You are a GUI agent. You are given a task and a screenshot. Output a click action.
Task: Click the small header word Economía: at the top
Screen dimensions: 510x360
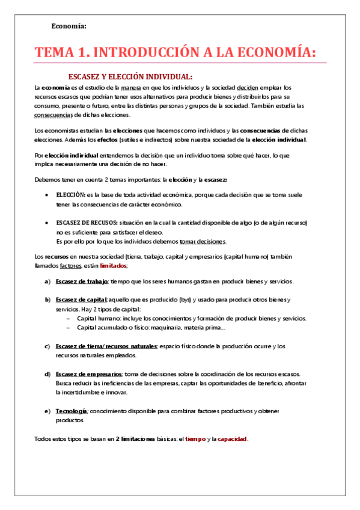[x=69, y=26]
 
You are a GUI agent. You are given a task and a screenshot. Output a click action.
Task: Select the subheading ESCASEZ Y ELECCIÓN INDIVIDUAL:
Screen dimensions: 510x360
[x=130, y=76]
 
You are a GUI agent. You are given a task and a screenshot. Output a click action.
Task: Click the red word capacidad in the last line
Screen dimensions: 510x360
[x=232, y=439]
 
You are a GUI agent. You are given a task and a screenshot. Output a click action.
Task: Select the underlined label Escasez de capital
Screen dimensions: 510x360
[x=81, y=300]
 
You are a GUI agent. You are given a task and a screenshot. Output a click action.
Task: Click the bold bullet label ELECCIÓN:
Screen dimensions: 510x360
[x=70, y=195]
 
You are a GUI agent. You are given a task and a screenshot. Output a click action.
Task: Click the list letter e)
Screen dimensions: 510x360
[x=47, y=411]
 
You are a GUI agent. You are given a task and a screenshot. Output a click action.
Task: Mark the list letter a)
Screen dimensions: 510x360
[x=47, y=281]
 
